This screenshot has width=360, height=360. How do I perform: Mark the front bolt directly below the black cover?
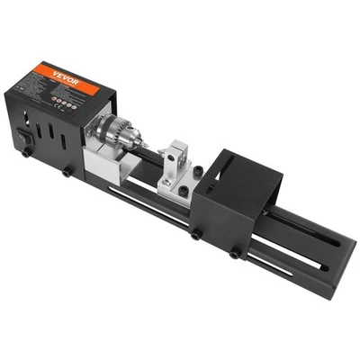195,236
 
